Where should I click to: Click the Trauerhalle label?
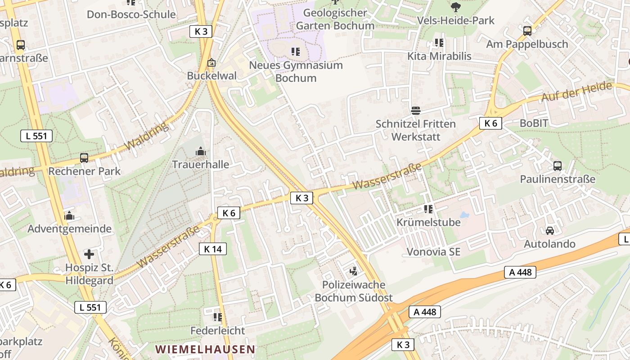[201, 165]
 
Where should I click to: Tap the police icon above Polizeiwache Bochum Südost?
[354, 271]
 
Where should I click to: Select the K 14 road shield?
[213, 249]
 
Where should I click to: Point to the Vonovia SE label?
[433, 252]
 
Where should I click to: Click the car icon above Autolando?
[549, 231]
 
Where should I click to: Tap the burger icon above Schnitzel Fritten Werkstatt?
[415, 111]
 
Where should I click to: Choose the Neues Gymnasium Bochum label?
[296, 72]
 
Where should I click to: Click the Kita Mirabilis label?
[439, 56]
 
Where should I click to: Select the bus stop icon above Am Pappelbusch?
[527, 31]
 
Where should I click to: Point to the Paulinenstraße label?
[558, 179]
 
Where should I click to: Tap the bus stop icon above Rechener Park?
[84, 158]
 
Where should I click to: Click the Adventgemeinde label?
[69, 229]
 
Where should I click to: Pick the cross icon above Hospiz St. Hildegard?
[89, 254]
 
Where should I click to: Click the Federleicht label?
[218, 331]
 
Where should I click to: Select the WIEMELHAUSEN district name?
[205, 349]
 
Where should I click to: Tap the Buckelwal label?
[211, 76]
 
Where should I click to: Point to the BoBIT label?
[534, 123]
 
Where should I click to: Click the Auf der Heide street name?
[577, 92]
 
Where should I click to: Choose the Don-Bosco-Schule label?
[131, 14]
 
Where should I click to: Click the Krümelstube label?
[428, 222]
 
